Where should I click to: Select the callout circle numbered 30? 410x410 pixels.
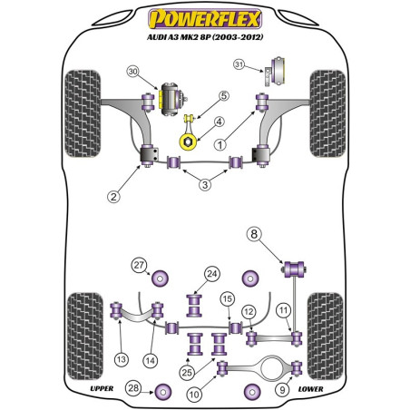tap(133, 71)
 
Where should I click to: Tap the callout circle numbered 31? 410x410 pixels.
tap(239, 63)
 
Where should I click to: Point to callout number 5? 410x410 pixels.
tap(224, 95)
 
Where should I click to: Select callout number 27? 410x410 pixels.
tap(139, 265)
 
